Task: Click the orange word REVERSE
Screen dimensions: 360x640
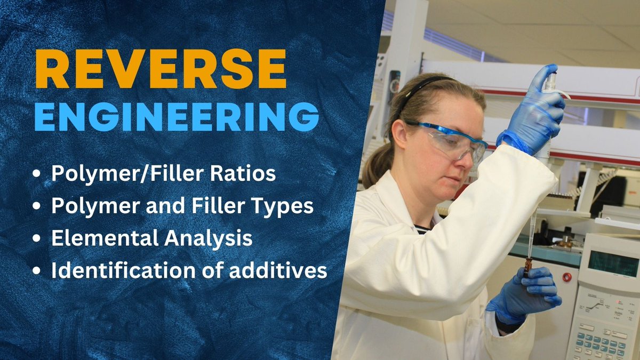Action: pos(161,70)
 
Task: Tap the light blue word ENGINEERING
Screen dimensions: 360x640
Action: pos(177,116)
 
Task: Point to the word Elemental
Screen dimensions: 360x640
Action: pos(96,238)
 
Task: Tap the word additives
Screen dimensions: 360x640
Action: pos(289,270)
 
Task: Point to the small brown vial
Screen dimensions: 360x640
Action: pos(528,266)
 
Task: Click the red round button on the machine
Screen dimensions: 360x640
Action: pos(566,277)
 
